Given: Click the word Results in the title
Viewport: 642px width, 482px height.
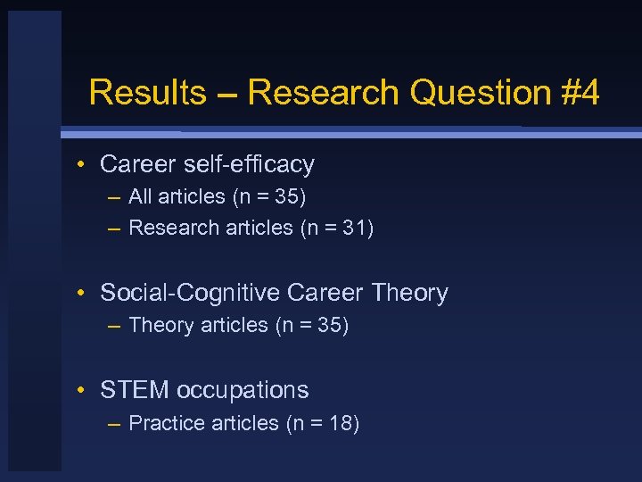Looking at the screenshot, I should point(147,92).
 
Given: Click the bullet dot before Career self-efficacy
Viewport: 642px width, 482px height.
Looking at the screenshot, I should point(81,165).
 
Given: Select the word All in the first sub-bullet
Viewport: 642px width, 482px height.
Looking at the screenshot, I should point(140,195).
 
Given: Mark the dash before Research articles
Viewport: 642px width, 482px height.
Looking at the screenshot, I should point(114,229).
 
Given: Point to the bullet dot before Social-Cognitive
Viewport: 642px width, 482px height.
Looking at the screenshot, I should point(81,294).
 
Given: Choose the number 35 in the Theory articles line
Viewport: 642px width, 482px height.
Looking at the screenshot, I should point(329,325).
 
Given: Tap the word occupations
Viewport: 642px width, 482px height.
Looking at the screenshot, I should point(243,390).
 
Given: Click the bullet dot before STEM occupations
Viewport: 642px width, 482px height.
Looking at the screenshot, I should point(81,391).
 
